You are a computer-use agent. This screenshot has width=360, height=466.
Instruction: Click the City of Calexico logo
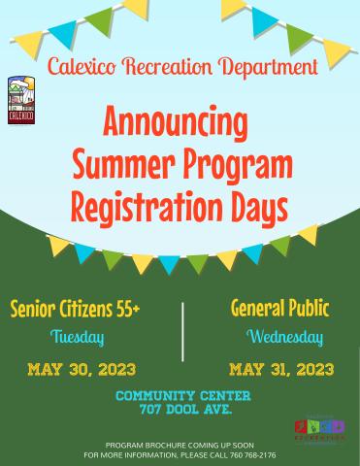21,101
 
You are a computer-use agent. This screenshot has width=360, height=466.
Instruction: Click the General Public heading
279,310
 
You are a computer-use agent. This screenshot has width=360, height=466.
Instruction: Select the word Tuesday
77,338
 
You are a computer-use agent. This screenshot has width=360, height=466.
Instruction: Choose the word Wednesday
284,338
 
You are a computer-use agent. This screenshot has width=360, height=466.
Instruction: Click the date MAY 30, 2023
82,369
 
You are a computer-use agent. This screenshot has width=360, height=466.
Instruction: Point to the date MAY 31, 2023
281,369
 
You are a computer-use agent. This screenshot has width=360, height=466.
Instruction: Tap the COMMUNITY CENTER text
182,395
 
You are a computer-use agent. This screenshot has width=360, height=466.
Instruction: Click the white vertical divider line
182,330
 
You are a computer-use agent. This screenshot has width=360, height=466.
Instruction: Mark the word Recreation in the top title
175,68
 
